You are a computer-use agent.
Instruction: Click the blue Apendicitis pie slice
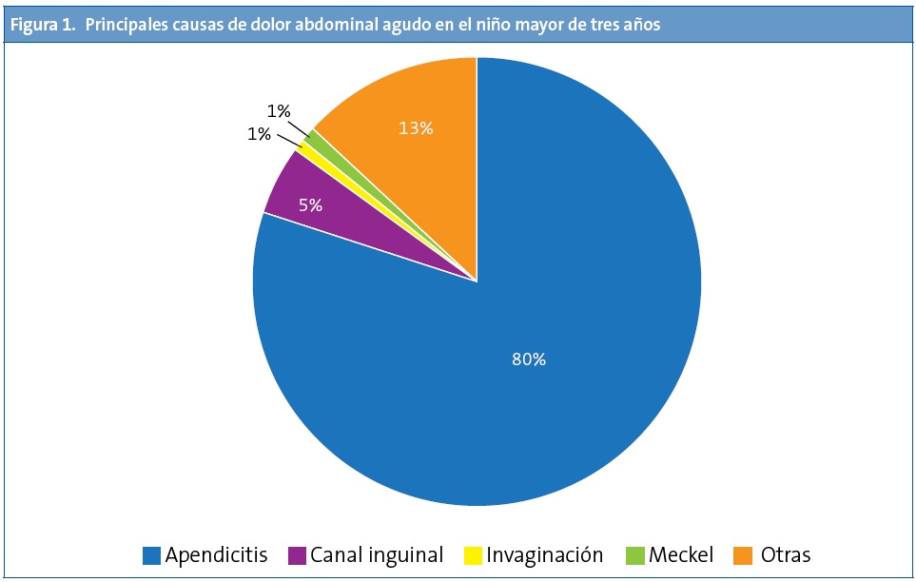(x=533, y=380)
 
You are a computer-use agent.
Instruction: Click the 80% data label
(x=528, y=359)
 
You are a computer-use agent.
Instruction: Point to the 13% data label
(x=416, y=128)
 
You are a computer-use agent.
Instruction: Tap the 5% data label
(x=310, y=204)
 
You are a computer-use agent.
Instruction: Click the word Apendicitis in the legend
(x=216, y=554)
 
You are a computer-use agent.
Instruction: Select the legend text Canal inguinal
(x=377, y=554)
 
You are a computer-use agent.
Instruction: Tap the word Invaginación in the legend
(x=544, y=554)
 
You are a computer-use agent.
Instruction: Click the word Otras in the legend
(x=785, y=554)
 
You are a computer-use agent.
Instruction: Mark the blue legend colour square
(x=151, y=555)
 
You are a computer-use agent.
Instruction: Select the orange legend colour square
(x=744, y=555)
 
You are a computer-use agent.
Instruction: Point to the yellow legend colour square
(x=472, y=555)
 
